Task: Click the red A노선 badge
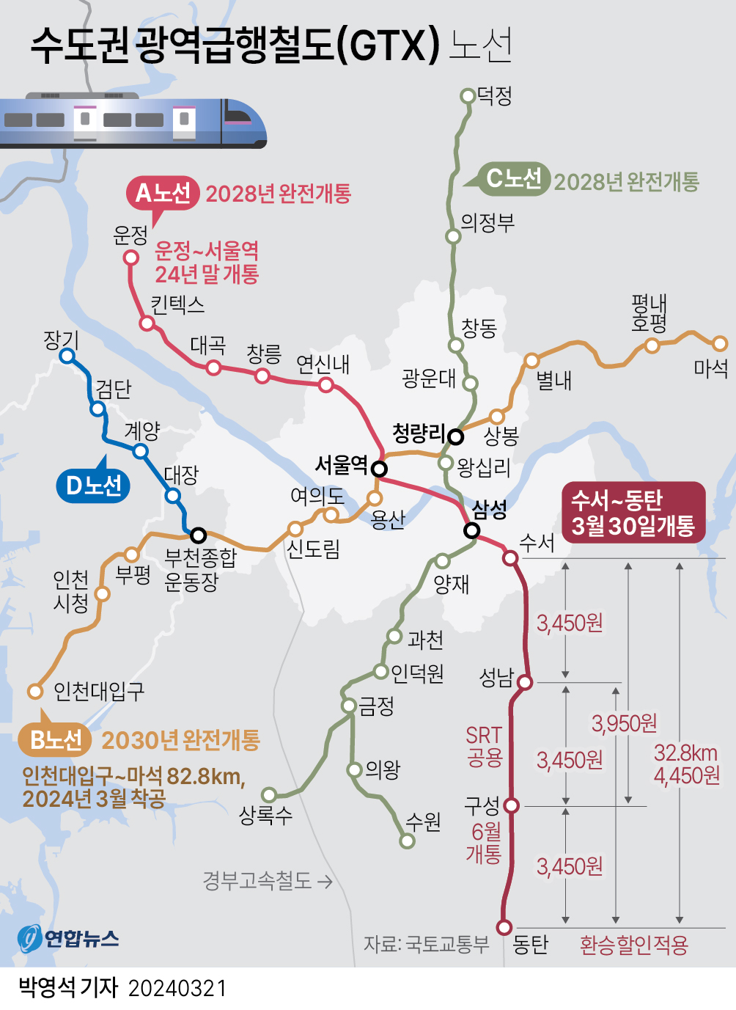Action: pyautogui.click(x=163, y=194)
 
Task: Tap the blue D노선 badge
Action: pyautogui.click(x=94, y=486)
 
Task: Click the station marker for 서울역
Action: pyautogui.click(x=379, y=469)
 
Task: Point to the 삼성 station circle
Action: pyautogui.click(x=472, y=530)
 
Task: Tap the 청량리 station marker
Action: pyautogui.click(x=456, y=437)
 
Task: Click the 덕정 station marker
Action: pyautogui.click(x=468, y=95)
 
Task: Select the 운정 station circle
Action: pyautogui.click(x=131, y=257)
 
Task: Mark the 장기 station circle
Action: pyautogui.click(x=67, y=356)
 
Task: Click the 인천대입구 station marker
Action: pyautogui.click(x=34, y=691)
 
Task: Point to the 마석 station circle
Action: pyautogui.click(x=720, y=343)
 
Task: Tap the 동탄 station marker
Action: pyautogui.click(x=504, y=927)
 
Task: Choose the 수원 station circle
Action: pyautogui.click(x=408, y=841)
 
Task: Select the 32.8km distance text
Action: pyautogui.click(x=685, y=753)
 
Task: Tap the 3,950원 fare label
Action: pyautogui.click(x=625, y=724)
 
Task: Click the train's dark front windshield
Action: pyautogui.click(x=239, y=114)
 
